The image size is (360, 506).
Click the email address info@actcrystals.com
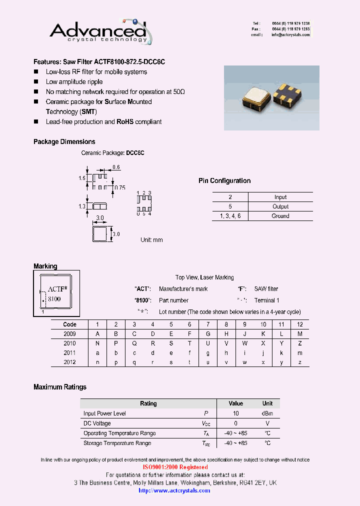[290, 35]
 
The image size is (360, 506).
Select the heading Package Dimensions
[64, 142]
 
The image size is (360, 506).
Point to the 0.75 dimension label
[119, 188]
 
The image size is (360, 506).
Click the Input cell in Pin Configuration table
[280, 197]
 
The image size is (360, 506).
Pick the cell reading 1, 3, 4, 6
[230, 216]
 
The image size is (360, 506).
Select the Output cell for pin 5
[280, 206]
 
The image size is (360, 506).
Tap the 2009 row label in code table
[70, 334]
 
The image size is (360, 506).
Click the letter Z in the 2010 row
[300, 343]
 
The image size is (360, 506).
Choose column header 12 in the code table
[300, 324]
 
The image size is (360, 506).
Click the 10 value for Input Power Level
[235, 413]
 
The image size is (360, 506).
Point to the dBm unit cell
[267, 413]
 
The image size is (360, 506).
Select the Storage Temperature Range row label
[117, 443]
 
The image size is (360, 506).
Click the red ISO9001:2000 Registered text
[176, 467]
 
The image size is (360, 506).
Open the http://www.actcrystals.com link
[174, 490]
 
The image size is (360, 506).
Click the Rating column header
[148, 403]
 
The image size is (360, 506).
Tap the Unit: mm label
[151, 240]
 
